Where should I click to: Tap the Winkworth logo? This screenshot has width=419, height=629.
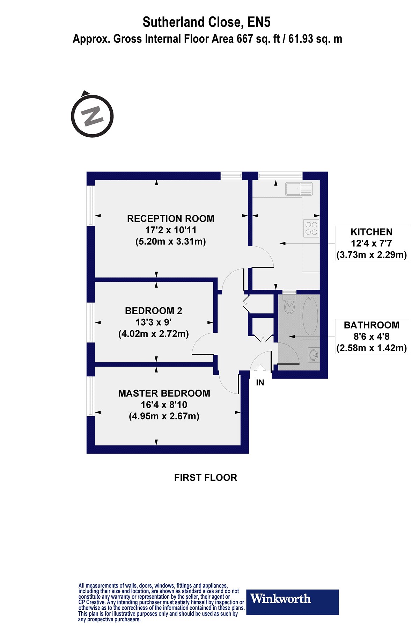click(x=293, y=602)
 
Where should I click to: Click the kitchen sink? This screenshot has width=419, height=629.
click(x=299, y=189)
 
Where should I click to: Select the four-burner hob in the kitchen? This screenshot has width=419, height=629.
click(x=311, y=228)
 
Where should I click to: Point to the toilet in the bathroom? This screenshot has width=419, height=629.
click(x=289, y=304)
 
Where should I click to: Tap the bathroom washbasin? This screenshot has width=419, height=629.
click(x=314, y=355)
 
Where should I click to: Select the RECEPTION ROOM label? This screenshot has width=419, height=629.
click(x=171, y=219)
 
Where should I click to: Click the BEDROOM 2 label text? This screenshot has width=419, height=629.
click(x=154, y=311)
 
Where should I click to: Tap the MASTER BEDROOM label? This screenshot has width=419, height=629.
click(x=164, y=393)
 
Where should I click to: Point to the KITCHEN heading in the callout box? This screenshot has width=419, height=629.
click(x=372, y=232)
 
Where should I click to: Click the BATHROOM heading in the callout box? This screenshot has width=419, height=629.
click(x=372, y=325)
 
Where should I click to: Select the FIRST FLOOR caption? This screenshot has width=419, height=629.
click(x=206, y=478)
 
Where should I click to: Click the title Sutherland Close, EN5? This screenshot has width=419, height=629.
click(x=207, y=22)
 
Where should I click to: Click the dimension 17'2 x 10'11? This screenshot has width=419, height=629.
click(x=171, y=230)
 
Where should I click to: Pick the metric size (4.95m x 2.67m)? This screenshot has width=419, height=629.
click(x=164, y=416)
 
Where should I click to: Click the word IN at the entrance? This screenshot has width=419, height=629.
click(x=260, y=383)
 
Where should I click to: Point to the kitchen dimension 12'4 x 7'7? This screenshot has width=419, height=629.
click(x=372, y=244)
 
